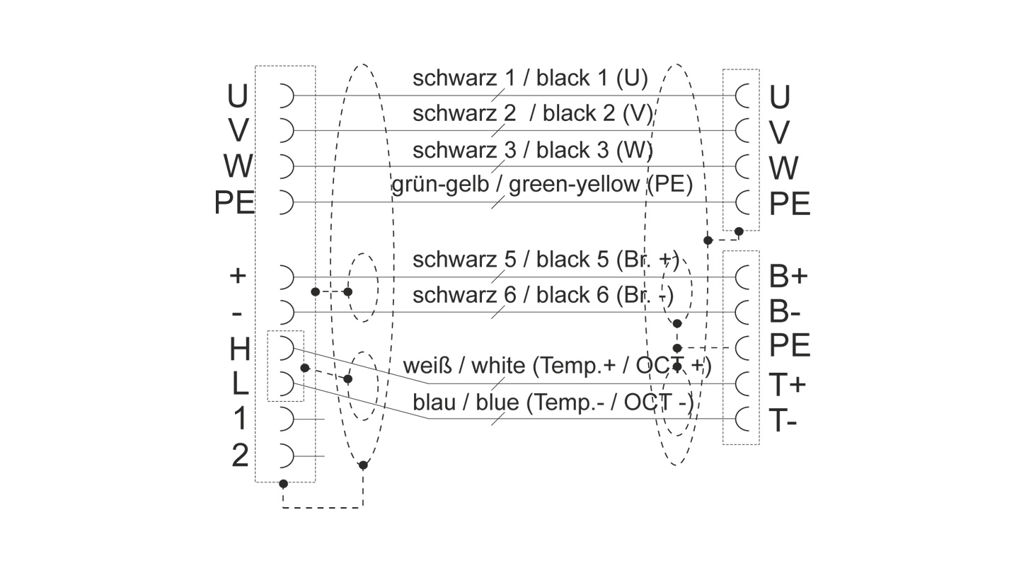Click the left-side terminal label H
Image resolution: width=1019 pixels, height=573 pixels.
[240, 349]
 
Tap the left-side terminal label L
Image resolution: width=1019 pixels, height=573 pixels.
[240, 384]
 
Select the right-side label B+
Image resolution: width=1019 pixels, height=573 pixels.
[788, 277]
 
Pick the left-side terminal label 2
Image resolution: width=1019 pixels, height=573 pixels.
[240, 456]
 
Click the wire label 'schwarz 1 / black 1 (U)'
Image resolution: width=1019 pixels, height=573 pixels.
[530, 79]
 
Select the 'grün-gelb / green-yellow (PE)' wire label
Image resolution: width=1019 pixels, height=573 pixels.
[541, 185]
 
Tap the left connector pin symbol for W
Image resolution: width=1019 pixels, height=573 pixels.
[284, 166]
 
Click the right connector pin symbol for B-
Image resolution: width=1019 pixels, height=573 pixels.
[743, 311]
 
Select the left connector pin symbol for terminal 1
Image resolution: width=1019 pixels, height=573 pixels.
[284, 419]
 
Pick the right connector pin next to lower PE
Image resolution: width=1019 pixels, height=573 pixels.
[743, 347]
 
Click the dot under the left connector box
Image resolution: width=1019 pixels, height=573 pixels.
[283, 484]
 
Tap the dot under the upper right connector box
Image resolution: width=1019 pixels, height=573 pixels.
[739, 231]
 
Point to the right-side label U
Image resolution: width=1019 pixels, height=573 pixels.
[779, 97]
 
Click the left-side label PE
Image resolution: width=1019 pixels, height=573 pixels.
[234, 204]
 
